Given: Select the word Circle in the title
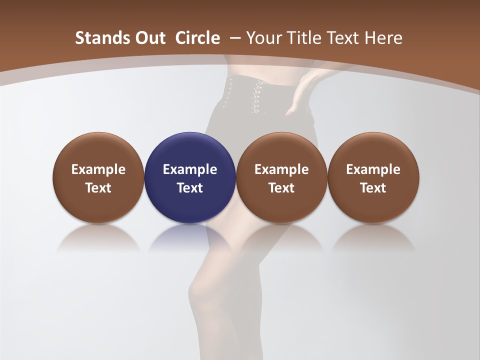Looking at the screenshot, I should tap(197, 38).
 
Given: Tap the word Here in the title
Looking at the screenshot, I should tap(383, 38).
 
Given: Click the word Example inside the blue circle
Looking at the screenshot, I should tap(190, 169).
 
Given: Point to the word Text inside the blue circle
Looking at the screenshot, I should tap(190, 188).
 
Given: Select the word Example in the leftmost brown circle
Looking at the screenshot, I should tap(98, 169).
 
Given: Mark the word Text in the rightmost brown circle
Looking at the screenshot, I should tap(373, 188).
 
